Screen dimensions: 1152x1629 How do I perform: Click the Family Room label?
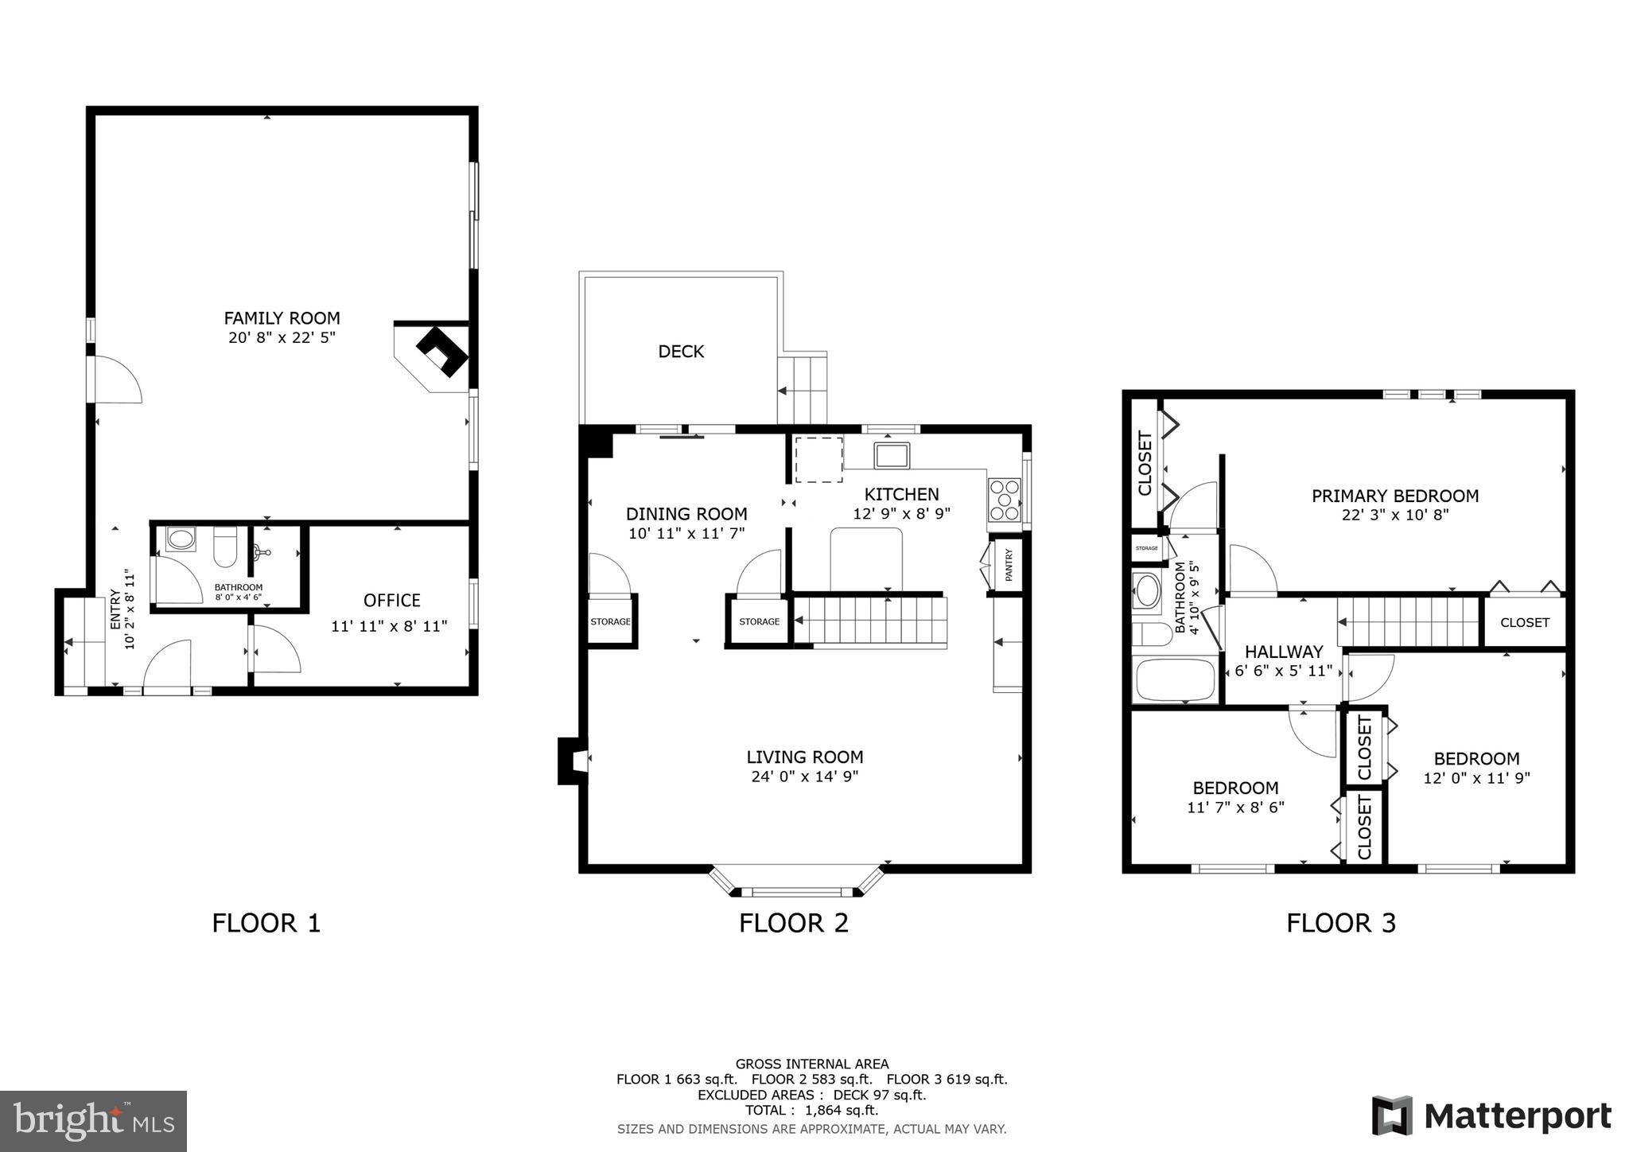pyautogui.click(x=282, y=318)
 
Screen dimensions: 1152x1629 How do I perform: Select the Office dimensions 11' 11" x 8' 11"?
pyautogui.click(x=389, y=626)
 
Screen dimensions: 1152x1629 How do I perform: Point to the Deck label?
pyautogui.click(x=681, y=352)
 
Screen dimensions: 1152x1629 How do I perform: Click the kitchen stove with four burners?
pyautogui.click(x=1004, y=500)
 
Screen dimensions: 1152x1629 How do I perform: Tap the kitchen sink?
pyautogui.click(x=891, y=455)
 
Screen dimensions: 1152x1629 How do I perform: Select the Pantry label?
pyautogui.click(x=1009, y=565)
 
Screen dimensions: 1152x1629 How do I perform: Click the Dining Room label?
pyautogui.click(x=686, y=514)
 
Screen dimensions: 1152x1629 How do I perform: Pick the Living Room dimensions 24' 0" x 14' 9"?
pyautogui.click(x=804, y=776)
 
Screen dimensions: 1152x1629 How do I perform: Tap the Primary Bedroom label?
pyautogui.click(x=1394, y=496)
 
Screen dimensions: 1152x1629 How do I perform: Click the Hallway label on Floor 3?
pyautogui.click(x=1283, y=652)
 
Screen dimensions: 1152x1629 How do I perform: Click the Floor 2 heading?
pyautogui.click(x=793, y=923)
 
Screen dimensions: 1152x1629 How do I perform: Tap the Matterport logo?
pyautogui.click(x=1491, y=1115)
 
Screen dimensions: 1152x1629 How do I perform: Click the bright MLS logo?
pyautogui.click(x=93, y=1120)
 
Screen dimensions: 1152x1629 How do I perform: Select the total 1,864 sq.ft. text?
pyautogui.click(x=811, y=1110)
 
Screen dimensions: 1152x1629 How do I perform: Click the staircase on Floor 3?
pyautogui.click(x=1409, y=621)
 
